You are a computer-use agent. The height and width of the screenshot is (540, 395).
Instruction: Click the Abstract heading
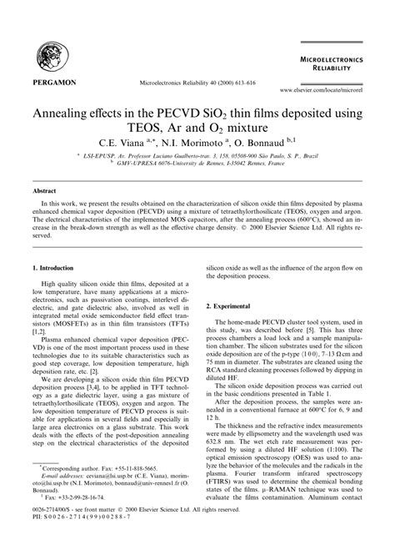pos(43,191)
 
